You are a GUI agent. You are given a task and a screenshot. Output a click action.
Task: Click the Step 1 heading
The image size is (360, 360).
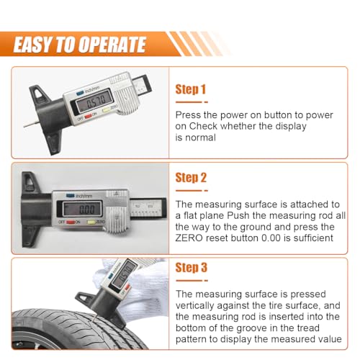pyautogui.click(x=191, y=89)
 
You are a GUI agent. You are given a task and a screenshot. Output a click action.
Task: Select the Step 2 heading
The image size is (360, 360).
pyautogui.click(x=191, y=178)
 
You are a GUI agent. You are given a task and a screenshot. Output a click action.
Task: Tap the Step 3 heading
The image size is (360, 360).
pyautogui.click(x=192, y=267)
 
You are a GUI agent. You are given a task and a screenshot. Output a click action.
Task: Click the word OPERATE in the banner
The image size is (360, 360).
pyautogui.click(x=112, y=45)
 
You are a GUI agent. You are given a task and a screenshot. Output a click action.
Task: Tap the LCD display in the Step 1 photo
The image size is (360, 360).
pyautogui.click(x=95, y=101)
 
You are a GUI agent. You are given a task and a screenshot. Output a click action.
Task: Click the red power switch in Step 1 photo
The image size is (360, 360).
pyautogui.click(x=88, y=116)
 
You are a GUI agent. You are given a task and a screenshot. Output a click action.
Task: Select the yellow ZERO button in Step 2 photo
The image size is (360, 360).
pyautogui.click(x=91, y=222)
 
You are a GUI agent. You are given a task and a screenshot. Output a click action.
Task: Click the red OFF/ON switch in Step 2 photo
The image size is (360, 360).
pyautogui.click(x=71, y=222)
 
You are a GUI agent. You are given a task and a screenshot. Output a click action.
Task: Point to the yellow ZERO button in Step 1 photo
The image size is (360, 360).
pyautogui.click(x=106, y=110)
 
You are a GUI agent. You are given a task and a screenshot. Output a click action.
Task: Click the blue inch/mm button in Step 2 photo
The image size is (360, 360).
pyautogui.click(x=71, y=196)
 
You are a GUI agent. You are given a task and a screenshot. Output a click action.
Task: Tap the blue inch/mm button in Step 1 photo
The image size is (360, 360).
pyautogui.click(x=80, y=92)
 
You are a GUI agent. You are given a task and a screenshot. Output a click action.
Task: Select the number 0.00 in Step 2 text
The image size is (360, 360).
pyautogui.click(x=271, y=238)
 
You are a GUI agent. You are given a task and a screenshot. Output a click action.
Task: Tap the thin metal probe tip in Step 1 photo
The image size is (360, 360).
pyautogui.click(x=24, y=126)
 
